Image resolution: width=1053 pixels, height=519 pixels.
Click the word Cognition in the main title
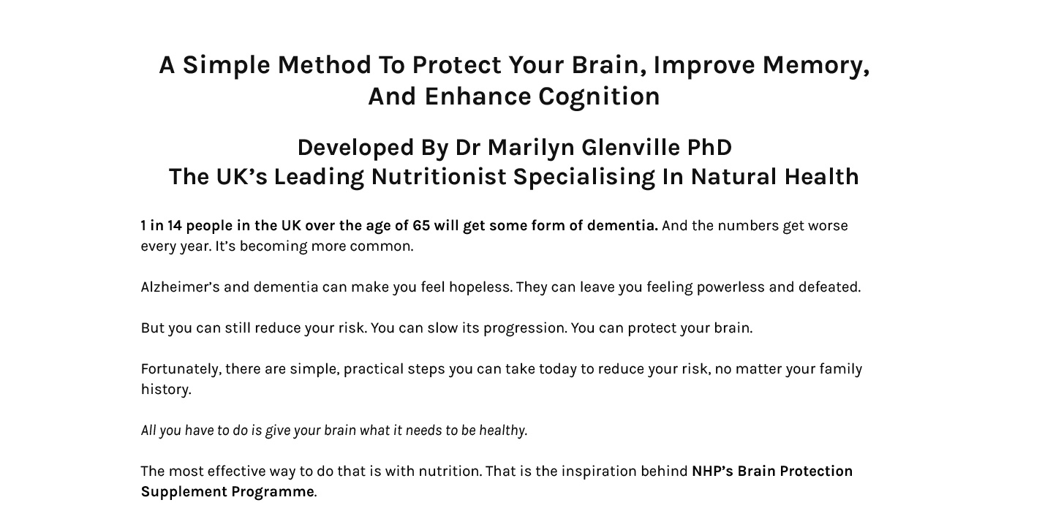pyautogui.click(x=599, y=96)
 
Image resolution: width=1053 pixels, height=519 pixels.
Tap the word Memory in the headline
pyautogui.click(x=813, y=65)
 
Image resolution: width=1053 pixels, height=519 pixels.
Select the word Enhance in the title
pyautogui.click(x=478, y=96)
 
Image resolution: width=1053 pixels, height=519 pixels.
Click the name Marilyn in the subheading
pyautogui.click(x=531, y=148)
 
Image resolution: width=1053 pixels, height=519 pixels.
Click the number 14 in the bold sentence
pyautogui.click(x=174, y=226)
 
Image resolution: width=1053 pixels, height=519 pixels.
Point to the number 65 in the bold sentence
pyautogui.click(x=421, y=226)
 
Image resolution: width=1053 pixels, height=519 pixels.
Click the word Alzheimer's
pyautogui.click(x=180, y=287)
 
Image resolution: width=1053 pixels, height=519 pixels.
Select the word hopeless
pyautogui.click(x=480, y=287)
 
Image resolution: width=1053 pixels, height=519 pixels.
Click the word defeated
pyautogui.click(x=829, y=287)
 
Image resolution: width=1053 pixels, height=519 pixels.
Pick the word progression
pyautogui.click(x=525, y=328)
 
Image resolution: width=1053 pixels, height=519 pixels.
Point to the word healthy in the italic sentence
pyautogui.click(x=503, y=430)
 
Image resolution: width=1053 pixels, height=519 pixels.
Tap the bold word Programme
pyautogui.click(x=273, y=492)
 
